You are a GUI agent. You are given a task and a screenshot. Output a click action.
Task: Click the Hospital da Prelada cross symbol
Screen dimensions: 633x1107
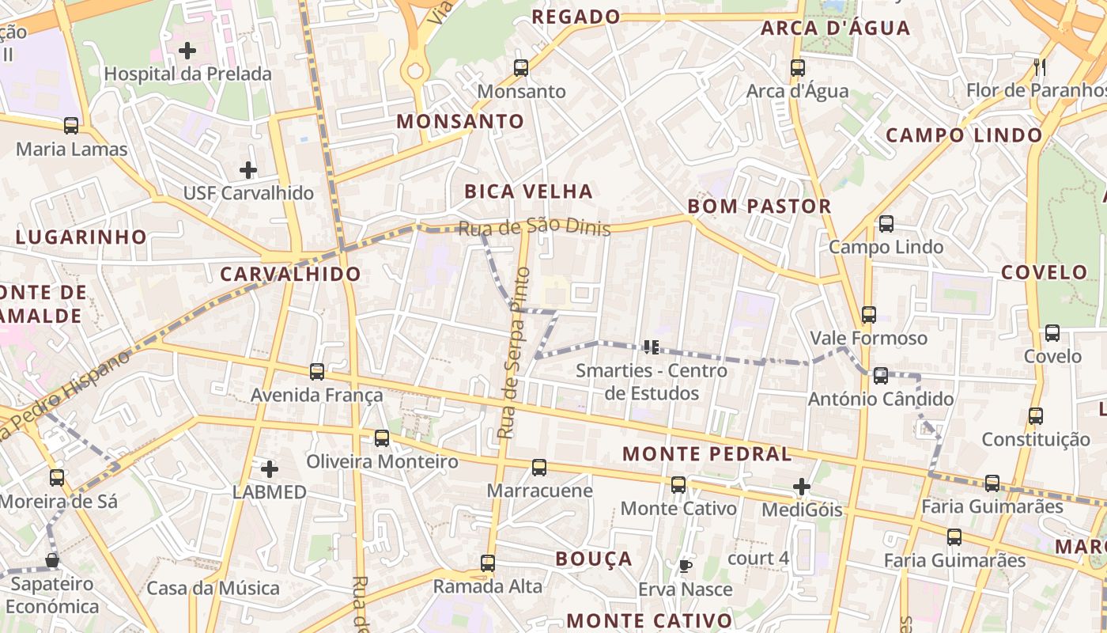[x=187, y=51]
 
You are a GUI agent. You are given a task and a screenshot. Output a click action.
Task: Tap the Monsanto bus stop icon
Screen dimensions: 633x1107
[x=521, y=68]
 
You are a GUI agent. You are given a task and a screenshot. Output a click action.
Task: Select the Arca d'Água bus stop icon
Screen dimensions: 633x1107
[x=798, y=68]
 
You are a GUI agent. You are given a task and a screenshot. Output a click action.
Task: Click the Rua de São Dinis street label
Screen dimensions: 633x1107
[x=535, y=228]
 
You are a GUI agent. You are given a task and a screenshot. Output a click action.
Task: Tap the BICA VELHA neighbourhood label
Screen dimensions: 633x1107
[x=528, y=191]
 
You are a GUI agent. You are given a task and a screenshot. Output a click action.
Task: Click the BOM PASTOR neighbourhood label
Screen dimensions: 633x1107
[x=759, y=207]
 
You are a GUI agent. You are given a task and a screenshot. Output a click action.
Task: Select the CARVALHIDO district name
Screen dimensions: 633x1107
[x=290, y=275]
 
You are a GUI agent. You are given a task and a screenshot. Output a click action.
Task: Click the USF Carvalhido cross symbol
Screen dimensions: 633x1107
[x=248, y=170]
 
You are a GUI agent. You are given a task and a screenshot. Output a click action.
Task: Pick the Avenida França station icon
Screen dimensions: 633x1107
[x=317, y=372]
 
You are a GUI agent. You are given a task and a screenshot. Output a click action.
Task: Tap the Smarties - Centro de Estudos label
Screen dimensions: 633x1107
[x=651, y=381]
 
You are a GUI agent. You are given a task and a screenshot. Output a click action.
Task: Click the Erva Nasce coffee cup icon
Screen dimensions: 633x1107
[x=686, y=566]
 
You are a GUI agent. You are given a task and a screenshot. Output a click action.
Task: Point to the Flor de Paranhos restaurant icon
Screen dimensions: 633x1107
[x=1040, y=67]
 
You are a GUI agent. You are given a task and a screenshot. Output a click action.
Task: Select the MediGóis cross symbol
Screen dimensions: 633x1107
[x=802, y=487]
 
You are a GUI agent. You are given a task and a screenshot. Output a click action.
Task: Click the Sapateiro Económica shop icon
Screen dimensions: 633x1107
[x=52, y=561]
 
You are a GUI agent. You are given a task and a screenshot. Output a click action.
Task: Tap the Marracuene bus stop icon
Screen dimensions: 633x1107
[x=539, y=468]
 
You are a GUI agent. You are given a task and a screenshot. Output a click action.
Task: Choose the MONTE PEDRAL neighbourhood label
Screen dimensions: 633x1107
[x=707, y=454]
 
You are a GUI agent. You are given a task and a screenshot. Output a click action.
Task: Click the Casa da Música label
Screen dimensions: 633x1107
[x=213, y=589]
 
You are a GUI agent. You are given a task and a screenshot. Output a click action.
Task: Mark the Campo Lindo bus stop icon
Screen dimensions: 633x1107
[x=886, y=224]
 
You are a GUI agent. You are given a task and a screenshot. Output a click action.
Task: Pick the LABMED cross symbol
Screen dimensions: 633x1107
[x=270, y=469]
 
